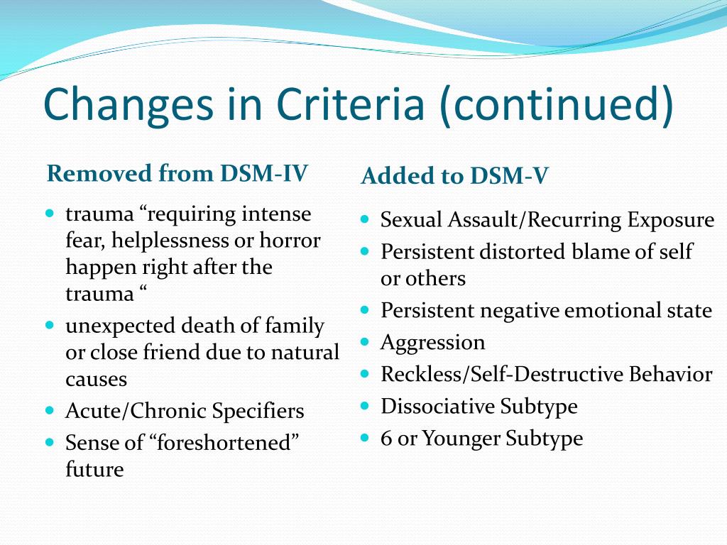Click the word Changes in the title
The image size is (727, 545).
click(x=129, y=104)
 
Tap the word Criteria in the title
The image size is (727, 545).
click(x=351, y=104)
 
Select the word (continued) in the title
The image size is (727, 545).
click(x=556, y=104)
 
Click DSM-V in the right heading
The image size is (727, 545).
click(x=509, y=176)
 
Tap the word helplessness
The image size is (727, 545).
click(x=170, y=241)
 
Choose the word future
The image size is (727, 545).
click(x=94, y=469)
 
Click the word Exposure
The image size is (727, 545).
click(x=670, y=220)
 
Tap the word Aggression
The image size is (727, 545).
click(x=432, y=343)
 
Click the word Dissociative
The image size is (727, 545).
click(x=437, y=406)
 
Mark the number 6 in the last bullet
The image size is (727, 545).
click(x=386, y=439)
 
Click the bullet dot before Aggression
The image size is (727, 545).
click(x=365, y=342)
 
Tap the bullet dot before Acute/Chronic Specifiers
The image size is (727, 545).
click(x=50, y=410)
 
